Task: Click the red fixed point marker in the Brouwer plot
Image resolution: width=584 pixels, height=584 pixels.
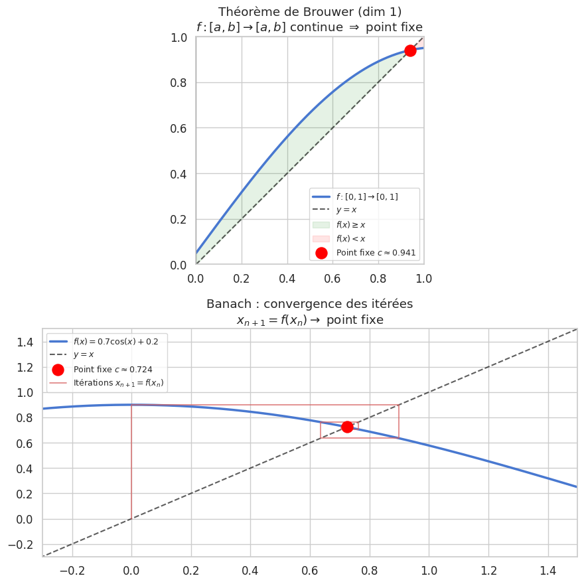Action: [x=410, y=50]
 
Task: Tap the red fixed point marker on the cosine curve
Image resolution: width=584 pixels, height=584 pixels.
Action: [x=347, y=427]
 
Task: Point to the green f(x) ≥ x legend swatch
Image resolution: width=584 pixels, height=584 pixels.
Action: [x=321, y=224]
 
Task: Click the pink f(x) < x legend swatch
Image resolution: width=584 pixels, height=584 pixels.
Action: [x=321, y=238]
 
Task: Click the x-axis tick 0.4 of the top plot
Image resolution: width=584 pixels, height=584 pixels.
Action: [x=287, y=279]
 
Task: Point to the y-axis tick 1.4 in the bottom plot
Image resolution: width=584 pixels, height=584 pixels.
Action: [x=25, y=342]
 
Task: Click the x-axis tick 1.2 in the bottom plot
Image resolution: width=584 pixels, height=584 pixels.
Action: [x=488, y=571]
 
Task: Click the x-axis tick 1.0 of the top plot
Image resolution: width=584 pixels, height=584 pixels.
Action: [x=423, y=279]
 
